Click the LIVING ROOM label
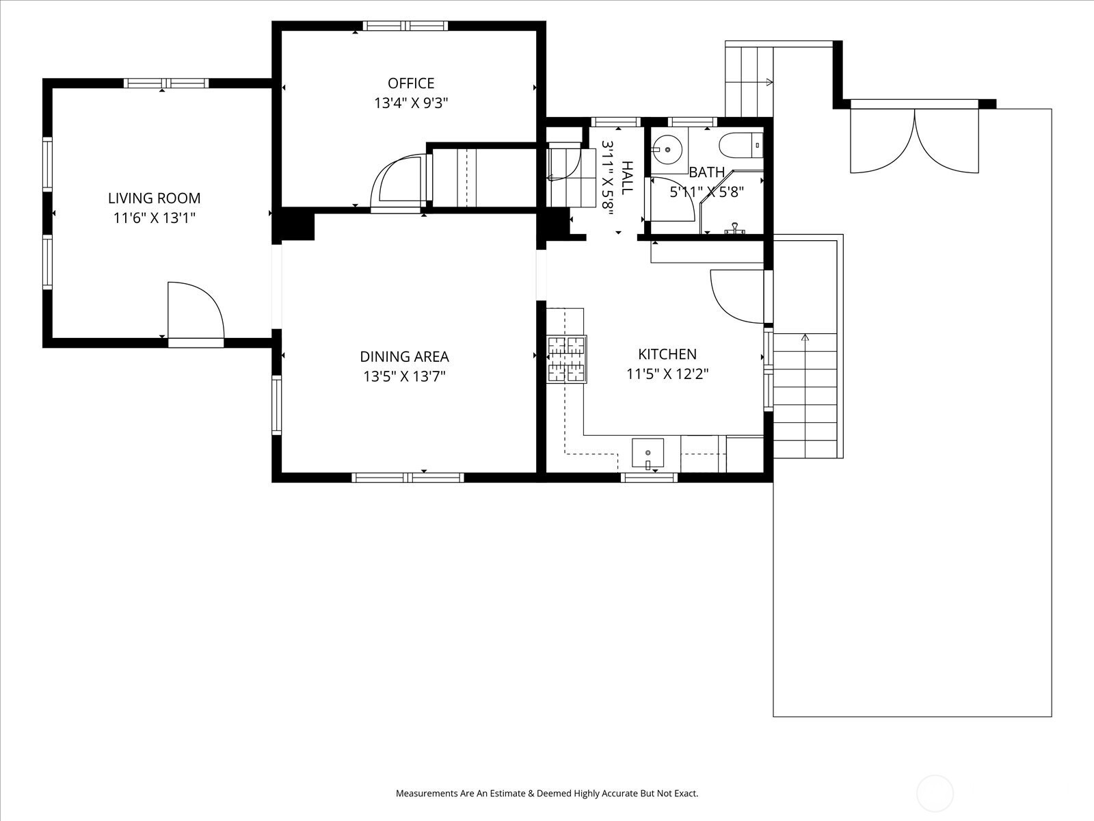click(155, 198)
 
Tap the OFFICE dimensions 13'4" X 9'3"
click(411, 103)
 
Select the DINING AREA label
click(404, 357)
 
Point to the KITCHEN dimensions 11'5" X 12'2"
click(667, 374)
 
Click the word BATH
click(707, 172)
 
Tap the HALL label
click(627, 178)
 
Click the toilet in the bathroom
click(741, 146)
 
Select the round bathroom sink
click(667, 149)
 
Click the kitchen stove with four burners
click(567, 359)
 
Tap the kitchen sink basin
click(648, 453)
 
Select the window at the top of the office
click(405, 26)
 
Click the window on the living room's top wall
click(166, 83)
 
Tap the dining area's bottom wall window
click(408, 478)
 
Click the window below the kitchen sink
click(649, 478)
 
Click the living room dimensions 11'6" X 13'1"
click(155, 218)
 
